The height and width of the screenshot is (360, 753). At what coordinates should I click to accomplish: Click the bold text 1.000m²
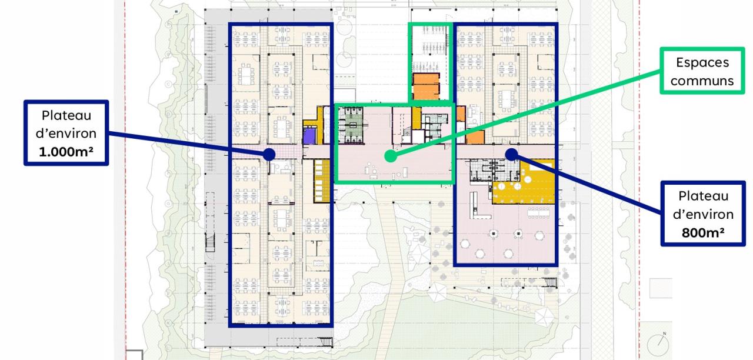66,152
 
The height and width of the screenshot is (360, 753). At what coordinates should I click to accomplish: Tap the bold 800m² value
703,232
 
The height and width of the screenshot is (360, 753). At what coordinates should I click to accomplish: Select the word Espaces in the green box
702,62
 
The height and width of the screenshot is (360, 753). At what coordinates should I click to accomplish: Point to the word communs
702,81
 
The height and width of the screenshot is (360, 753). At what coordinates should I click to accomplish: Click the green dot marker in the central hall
391,156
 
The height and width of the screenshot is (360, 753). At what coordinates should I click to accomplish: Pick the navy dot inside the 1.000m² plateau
269,154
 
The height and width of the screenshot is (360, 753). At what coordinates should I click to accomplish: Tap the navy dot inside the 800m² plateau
511,154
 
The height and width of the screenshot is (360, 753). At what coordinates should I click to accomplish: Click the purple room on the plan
309,136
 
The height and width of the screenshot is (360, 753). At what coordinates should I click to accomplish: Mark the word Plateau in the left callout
66,116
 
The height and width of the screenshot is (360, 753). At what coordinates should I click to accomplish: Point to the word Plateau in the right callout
703,196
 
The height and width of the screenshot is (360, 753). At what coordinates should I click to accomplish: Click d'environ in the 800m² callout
703,215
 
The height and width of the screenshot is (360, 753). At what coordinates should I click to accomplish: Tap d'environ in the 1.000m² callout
66,134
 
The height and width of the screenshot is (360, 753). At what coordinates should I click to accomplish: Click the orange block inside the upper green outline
427,86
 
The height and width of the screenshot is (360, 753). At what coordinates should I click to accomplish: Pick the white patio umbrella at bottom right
544,316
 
